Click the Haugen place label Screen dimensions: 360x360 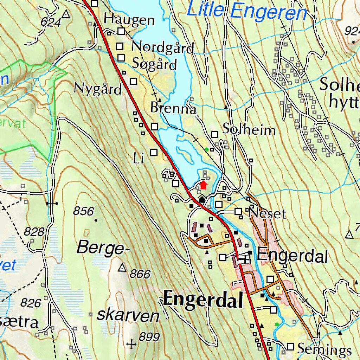(x=129, y=20)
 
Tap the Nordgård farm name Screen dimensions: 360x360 (x=162, y=47)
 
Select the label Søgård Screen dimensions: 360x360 (x=154, y=64)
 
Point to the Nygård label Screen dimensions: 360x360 (x=97, y=89)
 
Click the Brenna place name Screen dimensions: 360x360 (x=173, y=108)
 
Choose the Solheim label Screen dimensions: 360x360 (x=249, y=130)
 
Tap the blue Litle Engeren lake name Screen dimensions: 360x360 (x=247, y=11)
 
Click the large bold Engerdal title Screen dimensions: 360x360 (x=203, y=300)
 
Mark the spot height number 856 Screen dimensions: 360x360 (x=84, y=211)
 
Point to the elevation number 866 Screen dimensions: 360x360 (x=140, y=274)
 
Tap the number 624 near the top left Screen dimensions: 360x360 (x=51, y=22)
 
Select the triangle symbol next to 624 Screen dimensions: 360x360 (x=66, y=14)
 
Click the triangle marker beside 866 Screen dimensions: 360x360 (x=122, y=268)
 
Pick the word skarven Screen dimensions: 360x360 (x=128, y=316)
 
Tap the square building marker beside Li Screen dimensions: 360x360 (x=154, y=152)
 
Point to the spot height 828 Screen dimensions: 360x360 (x=34, y=232)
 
